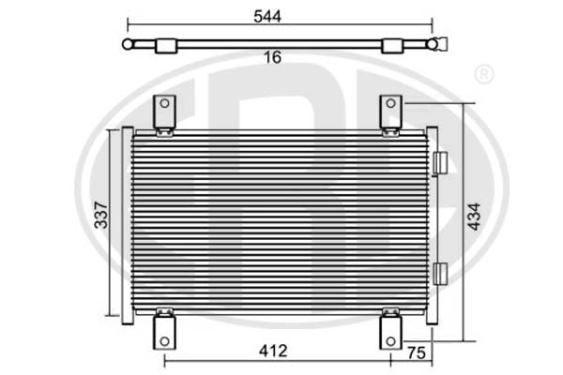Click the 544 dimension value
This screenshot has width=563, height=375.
click(267, 16)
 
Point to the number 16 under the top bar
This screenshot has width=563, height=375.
click(272, 57)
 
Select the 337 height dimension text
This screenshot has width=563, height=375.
click(101, 216)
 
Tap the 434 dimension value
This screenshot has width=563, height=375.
click(474, 217)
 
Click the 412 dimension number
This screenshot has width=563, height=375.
click(273, 351)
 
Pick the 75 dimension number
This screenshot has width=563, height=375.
click(417, 352)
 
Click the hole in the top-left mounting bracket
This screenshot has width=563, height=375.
click(164, 103)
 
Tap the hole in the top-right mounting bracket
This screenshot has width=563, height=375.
click(390, 103)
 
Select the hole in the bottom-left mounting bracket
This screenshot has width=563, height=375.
click(164, 341)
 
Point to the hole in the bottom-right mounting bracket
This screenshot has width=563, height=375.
click(390, 341)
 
